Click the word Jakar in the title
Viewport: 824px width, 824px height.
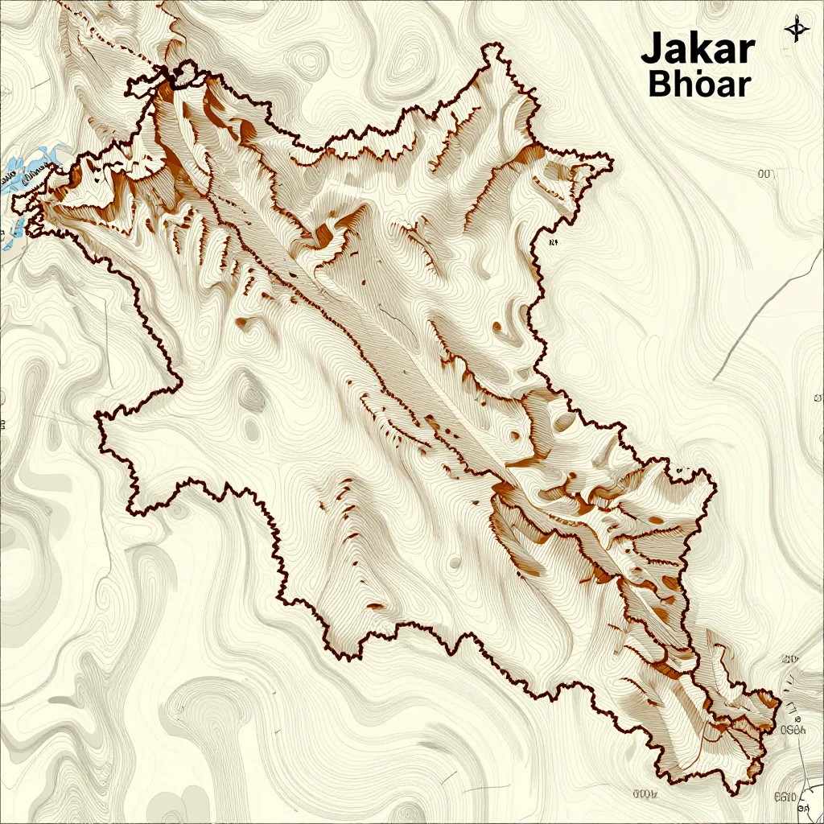[x=698, y=50]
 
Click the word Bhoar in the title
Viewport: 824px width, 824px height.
[x=698, y=84]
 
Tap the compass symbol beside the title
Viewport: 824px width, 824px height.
[x=796, y=30]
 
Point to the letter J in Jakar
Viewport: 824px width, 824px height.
[x=652, y=51]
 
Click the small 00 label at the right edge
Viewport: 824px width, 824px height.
[x=765, y=173]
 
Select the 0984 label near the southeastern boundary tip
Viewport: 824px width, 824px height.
[x=793, y=731]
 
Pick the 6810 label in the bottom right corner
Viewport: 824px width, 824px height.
[x=785, y=798]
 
